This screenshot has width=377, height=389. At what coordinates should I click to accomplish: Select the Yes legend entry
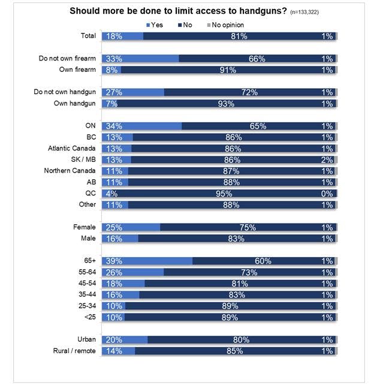point(155,25)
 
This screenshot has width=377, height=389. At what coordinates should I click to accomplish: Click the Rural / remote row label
point(72,351)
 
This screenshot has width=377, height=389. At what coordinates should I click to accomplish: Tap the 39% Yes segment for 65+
point(147,261)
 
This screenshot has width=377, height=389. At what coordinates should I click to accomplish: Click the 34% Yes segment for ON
point(142,126)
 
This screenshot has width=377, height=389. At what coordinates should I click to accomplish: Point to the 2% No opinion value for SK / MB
point(327,159)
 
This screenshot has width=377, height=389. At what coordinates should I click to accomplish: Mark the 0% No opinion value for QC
point(327,194)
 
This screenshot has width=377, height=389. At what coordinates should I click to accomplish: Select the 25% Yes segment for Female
point(131,227)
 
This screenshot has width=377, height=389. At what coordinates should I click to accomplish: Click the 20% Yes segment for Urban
point(125,340)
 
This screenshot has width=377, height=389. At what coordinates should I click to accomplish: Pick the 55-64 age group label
point(86,272)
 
